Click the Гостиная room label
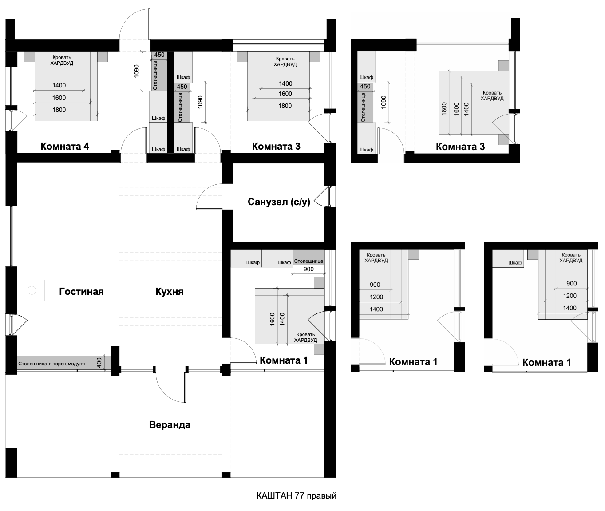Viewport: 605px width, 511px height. [81, 291]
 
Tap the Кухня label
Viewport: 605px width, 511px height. [170, 291]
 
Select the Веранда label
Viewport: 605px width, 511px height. [170, 424]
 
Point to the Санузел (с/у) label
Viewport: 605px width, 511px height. [279, 202]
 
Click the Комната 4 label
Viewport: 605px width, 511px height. [65, 146]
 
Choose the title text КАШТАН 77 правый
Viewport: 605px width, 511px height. [297, 496]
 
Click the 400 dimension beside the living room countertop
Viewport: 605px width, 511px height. [99, 362]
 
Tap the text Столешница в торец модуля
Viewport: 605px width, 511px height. [51, 364]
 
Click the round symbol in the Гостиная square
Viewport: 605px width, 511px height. [32, 290]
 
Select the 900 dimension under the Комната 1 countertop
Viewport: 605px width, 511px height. [308, 269]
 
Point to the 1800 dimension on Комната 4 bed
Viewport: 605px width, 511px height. [59, 110]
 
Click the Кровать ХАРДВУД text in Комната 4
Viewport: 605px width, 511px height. [62, 60]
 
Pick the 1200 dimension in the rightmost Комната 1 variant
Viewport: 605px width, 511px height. [570, 296]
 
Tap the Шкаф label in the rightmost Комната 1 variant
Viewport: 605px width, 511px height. [515, 262]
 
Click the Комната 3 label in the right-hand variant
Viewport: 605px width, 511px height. [460, 147]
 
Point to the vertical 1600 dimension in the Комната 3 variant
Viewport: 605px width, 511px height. [456, 109]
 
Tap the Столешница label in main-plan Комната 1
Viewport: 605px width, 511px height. [308, 261]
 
